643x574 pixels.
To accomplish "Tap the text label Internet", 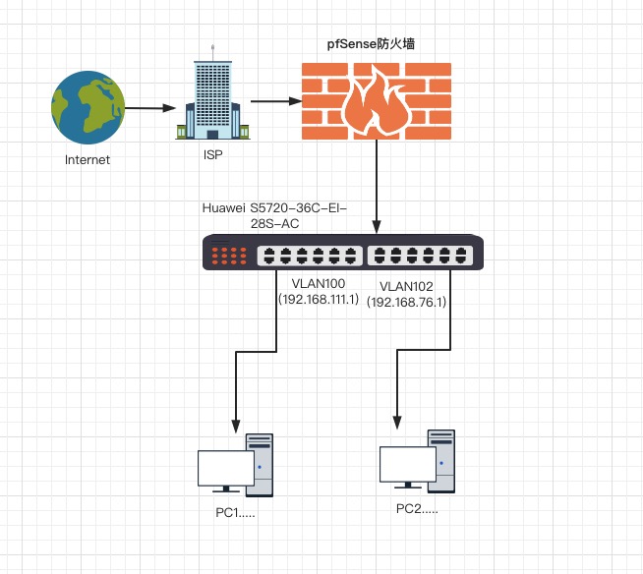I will [x=88, y=160].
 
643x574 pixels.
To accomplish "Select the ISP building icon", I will [x=211, y=98].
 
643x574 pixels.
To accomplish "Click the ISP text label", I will [x=212, y=154].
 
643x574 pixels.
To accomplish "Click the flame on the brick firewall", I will [x=376, y=102].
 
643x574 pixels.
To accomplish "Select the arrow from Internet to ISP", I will [x=148, y=107].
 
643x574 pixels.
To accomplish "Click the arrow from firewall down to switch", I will [x=376, y=187].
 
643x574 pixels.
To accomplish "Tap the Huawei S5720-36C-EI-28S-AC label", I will [x=274, y=216].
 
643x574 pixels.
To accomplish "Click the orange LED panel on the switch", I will [x=229, y=256].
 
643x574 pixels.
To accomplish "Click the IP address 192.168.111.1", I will [x=318, y=299].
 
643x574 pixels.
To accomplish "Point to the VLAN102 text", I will [x=406, y=287].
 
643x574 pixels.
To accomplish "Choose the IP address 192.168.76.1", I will [x=407, y=302].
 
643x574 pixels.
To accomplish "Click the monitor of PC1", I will [x=225, y=470].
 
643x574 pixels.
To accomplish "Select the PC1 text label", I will [x=236, y=512].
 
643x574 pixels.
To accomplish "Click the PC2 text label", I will [x=417, y=508].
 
